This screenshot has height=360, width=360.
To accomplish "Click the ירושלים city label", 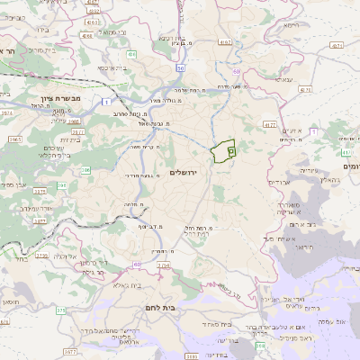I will (x=188, y=172).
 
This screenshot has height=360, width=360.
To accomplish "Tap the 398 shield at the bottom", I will (x=260, y=346).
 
